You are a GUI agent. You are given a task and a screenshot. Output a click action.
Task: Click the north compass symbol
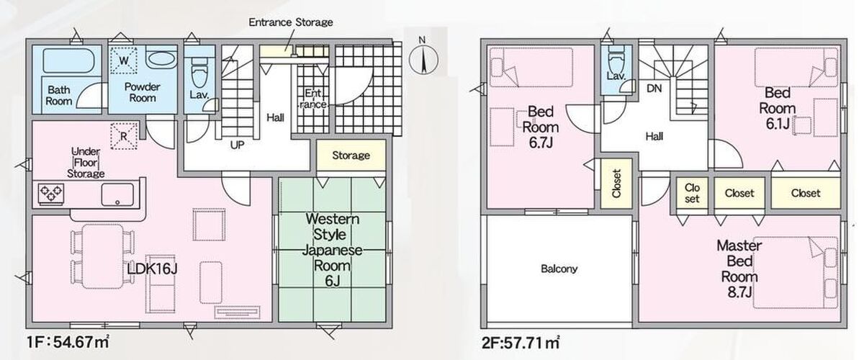click(x=423, y=58)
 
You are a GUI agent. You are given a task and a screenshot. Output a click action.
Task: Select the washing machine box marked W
click(x=123, y=60)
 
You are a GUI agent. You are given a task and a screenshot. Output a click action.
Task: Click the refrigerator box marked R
click(x=124, y=136)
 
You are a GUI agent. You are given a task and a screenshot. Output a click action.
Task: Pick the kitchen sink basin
click(x=117, y=194)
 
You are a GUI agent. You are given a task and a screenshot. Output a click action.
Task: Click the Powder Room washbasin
click(x=162, y=60)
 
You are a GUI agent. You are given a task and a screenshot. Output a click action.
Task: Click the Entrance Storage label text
click(x=291, y=22)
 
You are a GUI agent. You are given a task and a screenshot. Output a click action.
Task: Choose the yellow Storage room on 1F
click(x=351, y=155)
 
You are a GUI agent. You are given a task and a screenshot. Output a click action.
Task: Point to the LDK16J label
click(x=153, y=269)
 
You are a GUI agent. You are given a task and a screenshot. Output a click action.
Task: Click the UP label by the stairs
click(x=237, y=145)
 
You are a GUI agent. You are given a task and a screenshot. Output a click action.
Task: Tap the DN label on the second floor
click(x=654, y=89)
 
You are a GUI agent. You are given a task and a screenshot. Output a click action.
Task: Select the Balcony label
click(x=559, y=269)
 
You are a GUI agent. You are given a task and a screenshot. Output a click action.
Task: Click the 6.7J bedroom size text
click(x=541, y=143)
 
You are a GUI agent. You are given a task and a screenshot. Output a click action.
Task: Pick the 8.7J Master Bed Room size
click(x=739, y=292)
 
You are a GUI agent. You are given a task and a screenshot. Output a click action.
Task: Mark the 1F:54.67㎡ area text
click(x=68, y=342)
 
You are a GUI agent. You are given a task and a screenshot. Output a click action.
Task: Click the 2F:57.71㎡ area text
click(x=521, y=342)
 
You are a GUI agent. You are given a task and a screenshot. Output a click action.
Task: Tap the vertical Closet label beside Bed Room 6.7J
click(x=616, y=184)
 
